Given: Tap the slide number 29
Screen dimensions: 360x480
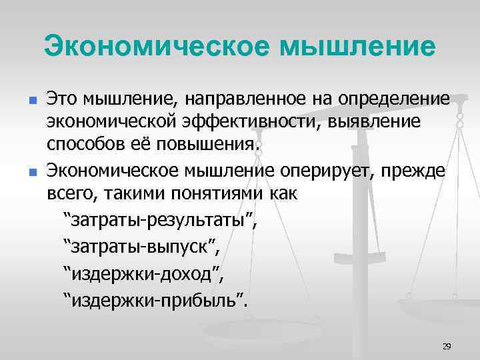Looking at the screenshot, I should tap(447, 346).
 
